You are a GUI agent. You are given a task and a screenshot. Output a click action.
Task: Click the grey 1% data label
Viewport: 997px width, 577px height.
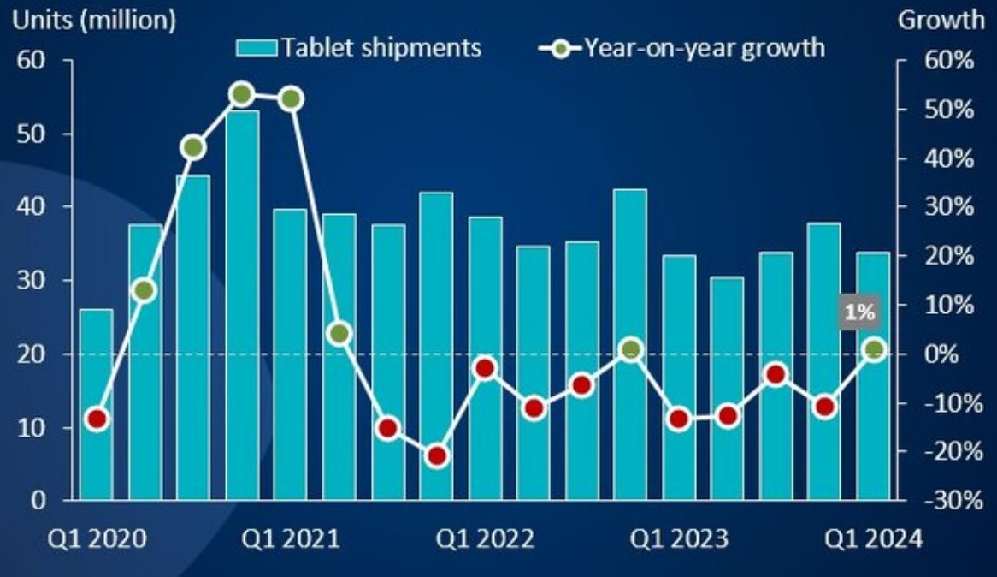pos(859,313)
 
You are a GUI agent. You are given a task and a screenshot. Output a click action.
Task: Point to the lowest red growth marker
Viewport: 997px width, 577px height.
pos(437,456)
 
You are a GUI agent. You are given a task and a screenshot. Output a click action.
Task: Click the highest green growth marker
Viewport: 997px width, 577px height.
pos(242,94)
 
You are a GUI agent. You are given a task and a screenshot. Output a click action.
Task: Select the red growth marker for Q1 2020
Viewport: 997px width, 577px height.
pos(97,419)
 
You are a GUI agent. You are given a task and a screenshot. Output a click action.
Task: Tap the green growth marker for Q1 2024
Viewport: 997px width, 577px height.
pos(874,348)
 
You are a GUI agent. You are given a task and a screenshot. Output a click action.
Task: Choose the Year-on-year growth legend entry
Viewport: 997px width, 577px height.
pos(684,47)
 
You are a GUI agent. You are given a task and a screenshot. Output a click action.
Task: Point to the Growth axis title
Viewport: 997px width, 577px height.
pos(941,21)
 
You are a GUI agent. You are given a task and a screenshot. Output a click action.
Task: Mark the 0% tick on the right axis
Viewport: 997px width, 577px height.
pos(949,354)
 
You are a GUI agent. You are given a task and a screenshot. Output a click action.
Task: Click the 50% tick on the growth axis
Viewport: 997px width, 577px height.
pos(946,110)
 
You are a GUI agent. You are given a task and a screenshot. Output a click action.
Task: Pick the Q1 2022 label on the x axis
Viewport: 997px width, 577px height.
pos(485,539)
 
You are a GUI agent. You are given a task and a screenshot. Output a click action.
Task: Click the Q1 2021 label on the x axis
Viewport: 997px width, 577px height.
pos(291,539)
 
